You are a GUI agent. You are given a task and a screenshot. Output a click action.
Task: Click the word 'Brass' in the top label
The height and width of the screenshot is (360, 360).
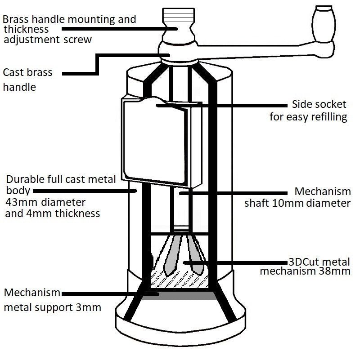pos(18,20)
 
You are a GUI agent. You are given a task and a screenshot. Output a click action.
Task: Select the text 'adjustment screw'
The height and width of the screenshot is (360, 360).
pos(47,40)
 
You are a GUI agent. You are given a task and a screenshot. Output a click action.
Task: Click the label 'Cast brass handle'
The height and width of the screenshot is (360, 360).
pos(27,79)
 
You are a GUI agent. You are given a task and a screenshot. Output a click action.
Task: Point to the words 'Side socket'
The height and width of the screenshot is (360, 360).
pos(319,105)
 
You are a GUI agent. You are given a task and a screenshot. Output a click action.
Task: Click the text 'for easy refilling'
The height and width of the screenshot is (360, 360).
pos(308,118)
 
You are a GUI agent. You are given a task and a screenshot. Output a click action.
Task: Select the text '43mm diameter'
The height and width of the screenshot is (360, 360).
pos(45,202)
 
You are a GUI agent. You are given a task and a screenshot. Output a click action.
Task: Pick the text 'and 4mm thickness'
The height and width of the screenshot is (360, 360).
pos(52,213)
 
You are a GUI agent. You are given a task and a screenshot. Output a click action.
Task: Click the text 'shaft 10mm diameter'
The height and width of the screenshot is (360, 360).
pos(297,203)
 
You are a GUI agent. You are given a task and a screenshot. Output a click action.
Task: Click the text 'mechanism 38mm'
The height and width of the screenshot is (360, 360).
pos(308,271)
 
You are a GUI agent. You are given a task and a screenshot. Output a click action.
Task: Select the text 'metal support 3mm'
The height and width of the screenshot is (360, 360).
pos(52,308)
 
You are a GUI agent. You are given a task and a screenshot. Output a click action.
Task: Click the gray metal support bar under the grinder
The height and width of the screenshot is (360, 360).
pos(180,296)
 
